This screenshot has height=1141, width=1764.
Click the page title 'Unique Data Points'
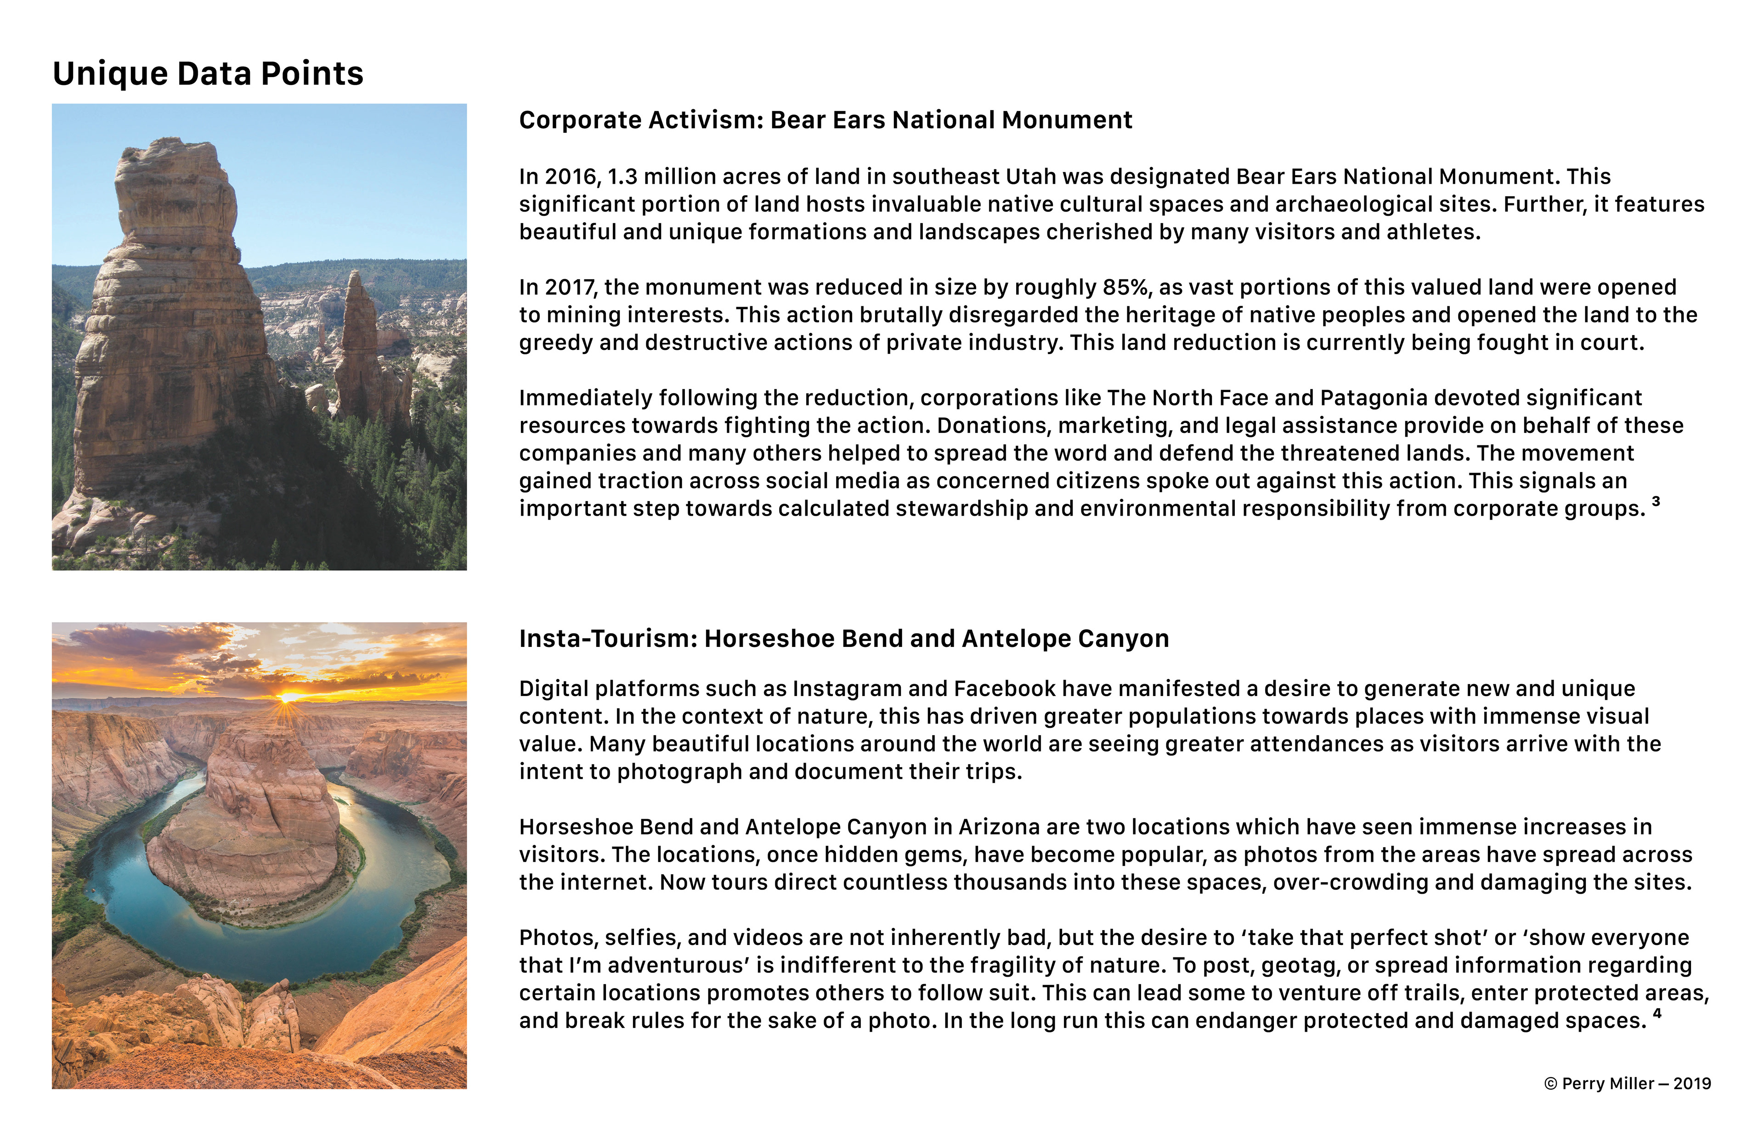208,73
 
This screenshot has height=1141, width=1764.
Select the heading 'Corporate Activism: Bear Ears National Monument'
825,120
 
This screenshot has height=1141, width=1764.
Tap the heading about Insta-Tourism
843,639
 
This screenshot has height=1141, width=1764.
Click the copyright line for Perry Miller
1628,1083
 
